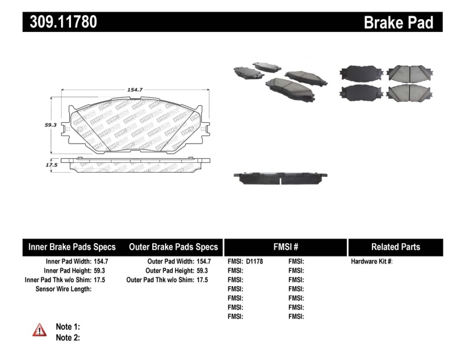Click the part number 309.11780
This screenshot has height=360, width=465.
60,22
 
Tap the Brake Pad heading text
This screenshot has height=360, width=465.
398,22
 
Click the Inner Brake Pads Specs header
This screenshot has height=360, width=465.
72,247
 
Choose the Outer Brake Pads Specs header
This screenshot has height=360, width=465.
173,247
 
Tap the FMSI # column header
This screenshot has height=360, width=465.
285,247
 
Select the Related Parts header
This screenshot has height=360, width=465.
395,247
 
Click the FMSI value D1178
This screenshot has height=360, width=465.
254,262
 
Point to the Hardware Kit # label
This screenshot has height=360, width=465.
372,262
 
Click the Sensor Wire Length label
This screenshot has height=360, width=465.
63,288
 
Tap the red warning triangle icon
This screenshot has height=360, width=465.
40,330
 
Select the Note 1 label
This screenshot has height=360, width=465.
67,326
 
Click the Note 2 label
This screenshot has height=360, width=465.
67,337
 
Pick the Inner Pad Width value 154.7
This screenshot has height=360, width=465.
101,262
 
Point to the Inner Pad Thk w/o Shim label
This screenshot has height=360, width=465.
57,280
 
